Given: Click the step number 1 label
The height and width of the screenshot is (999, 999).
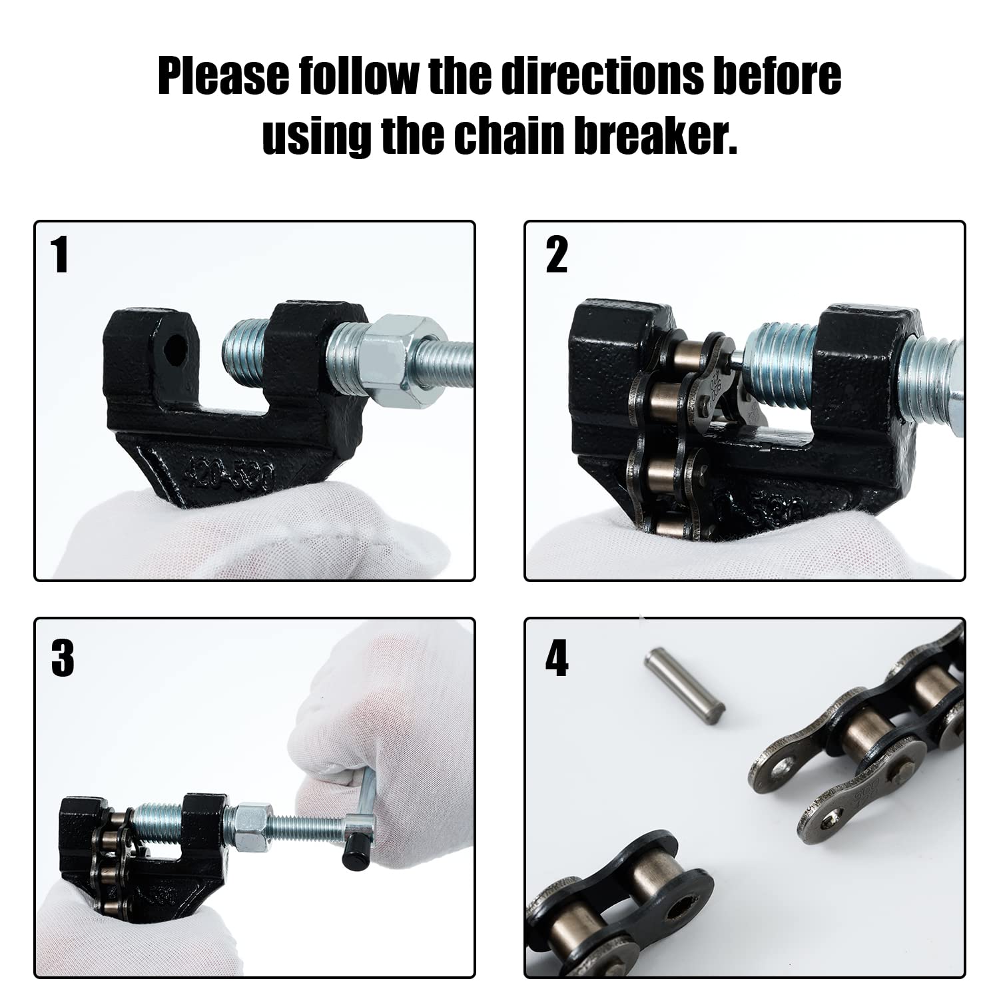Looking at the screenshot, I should click(x=61, y=256).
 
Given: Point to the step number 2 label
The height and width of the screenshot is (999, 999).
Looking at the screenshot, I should click(x=556, y=256).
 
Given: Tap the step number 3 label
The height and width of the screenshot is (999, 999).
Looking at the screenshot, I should click(x=62, y=659).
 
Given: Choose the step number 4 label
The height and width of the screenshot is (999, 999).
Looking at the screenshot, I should click(x=556, y=659).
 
